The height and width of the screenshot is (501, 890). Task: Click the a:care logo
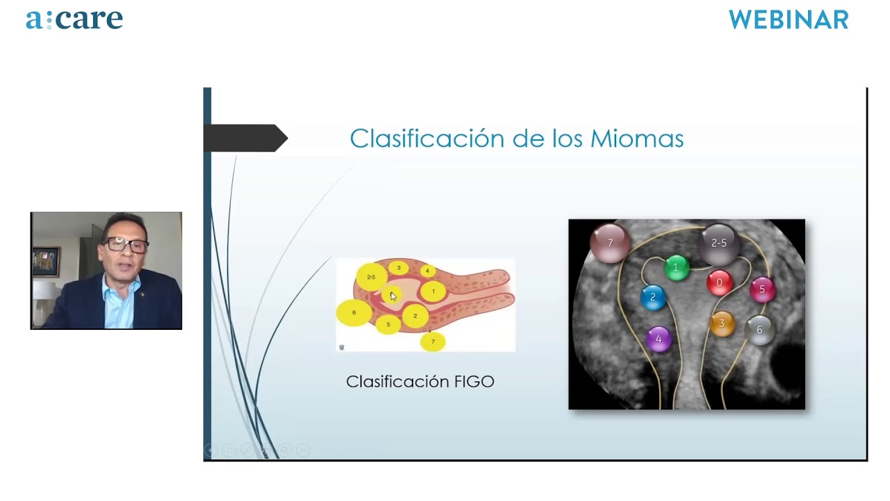74,19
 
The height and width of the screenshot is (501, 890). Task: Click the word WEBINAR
788,20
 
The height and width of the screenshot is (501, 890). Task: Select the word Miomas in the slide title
637,138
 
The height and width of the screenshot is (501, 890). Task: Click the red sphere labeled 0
719,283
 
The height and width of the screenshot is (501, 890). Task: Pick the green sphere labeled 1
676,268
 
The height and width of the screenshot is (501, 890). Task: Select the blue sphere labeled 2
653,297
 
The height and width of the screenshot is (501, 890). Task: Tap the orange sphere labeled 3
722,324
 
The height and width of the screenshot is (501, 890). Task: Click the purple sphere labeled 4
658,339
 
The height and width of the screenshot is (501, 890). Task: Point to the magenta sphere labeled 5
762,289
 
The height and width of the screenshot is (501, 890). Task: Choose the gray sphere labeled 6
759,330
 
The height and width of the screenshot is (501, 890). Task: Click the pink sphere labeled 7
610,243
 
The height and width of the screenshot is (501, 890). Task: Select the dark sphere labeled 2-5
718,244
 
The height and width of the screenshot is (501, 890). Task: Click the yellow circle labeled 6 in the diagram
354,312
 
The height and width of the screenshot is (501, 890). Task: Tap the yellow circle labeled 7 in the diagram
432,342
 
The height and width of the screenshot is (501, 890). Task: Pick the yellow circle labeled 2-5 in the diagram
371,277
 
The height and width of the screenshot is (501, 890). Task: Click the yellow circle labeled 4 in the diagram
428,271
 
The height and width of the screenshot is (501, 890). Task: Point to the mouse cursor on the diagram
393,296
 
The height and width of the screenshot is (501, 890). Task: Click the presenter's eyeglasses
127,244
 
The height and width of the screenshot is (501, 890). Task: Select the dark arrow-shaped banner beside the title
245,138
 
